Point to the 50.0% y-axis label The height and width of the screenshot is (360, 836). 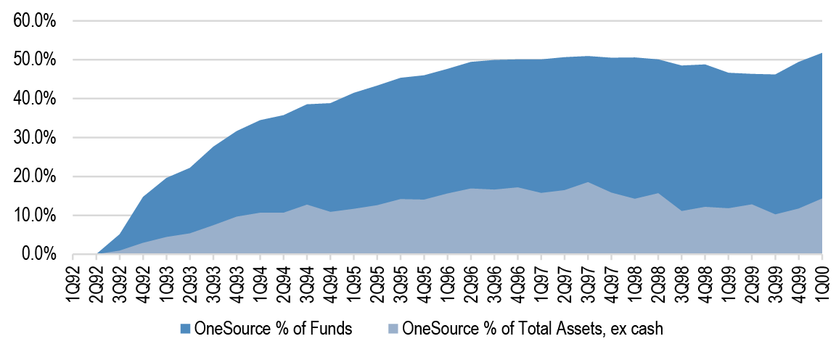[35, 60]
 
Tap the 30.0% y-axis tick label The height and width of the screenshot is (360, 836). [35, 137]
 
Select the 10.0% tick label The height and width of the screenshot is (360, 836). [35, 216]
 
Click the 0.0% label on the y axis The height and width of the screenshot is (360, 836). [38, 254]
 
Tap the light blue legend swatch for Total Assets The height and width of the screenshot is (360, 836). [392, 329]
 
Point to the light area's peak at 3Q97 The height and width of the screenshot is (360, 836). [589, 182]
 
